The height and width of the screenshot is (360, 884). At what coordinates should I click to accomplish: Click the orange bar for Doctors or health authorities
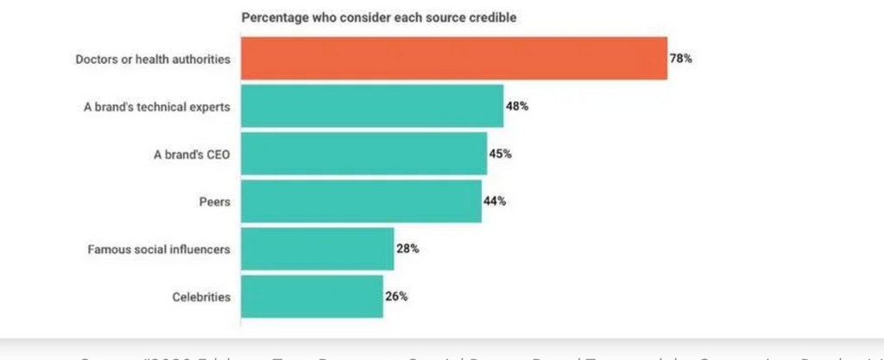[453, 59]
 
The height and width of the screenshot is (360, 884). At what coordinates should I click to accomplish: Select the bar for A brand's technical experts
[371, 106]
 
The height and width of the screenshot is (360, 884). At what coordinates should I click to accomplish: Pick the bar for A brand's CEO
[363, 154]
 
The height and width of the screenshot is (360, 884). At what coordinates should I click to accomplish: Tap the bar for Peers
[361, 201]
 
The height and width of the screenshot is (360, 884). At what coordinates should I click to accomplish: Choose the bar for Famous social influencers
[317, 249]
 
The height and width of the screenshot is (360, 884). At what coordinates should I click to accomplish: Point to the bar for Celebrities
[312, 296]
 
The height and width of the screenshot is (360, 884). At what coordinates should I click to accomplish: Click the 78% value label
[681, 59]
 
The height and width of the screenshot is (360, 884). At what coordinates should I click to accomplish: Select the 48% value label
[518, 106]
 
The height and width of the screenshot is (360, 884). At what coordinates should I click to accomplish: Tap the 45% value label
[501, 154]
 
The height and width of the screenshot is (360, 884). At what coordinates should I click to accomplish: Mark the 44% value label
[495, 201]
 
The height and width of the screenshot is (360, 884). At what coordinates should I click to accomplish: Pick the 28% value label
[407, 249]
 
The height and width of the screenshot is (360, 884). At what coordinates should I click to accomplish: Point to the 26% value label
[396, 296]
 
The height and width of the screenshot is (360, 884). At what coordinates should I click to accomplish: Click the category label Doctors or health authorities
[153, 60]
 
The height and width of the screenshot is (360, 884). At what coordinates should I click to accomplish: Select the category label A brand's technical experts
[158, 107]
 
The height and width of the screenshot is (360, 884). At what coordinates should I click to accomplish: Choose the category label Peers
[215, 202]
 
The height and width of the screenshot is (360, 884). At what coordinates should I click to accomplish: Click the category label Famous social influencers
[159, 249]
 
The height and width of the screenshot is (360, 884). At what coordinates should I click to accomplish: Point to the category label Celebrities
[201, 297]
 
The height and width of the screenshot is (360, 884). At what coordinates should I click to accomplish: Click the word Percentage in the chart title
[271, 17]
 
